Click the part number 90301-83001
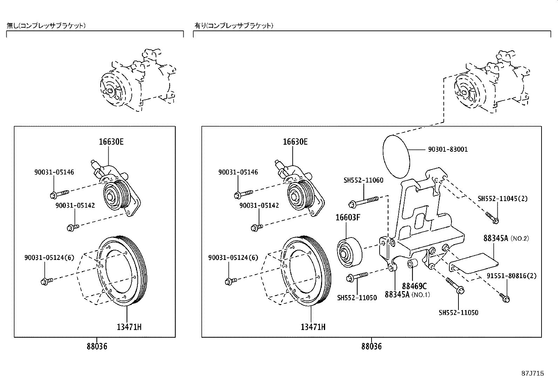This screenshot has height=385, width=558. click(x=448, y=149)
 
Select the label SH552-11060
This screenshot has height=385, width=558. click(x=363, y=180)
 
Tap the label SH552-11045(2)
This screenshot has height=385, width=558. click(x=502, y=199)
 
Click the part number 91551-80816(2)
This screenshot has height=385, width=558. click(x=511, y=276)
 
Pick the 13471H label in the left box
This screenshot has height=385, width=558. click(x=129, y=327)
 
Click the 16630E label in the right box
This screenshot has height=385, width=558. click(x=295, y=142)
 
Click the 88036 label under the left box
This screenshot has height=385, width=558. click(x=97, y=346)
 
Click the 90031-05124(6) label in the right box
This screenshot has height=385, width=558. click(x=233, y=258)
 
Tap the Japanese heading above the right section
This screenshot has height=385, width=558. click(x=234, y=26)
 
